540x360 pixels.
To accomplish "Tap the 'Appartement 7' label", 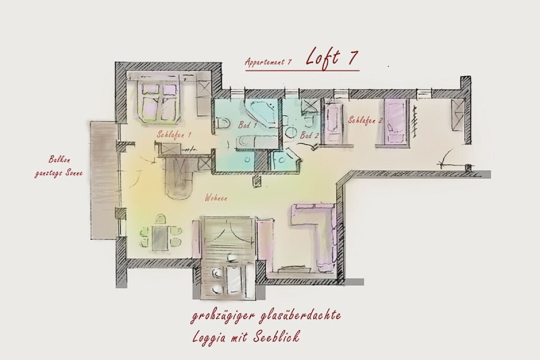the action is (268, 62).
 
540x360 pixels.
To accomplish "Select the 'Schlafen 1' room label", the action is (174, 135).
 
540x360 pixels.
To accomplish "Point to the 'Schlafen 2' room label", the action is (365, 120).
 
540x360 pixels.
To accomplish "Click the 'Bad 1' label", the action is (247, 124).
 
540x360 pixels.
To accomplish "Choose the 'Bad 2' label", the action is (308, 135).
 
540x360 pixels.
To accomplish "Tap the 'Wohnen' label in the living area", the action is (216, 198).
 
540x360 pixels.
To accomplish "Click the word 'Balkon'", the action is (59, 160).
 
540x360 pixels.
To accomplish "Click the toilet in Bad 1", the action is (223, 123).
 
